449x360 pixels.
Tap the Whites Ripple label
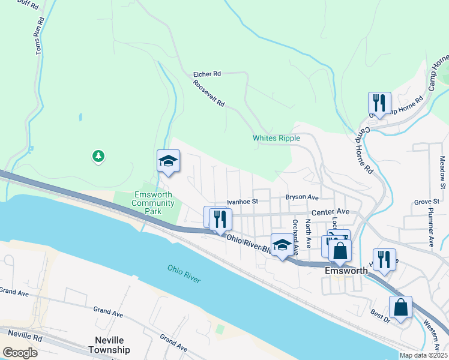point(276,138)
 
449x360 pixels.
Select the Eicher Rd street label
point(207,74)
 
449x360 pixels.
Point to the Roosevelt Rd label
point(209,94)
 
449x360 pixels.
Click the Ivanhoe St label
point(242,202)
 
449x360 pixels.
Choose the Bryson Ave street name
point(302,197)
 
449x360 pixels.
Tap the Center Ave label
point(330,212)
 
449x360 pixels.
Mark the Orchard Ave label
point(295,233)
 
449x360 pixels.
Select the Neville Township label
point(109,345)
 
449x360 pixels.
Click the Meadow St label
point(442,172)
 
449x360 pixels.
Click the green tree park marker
point(98,157)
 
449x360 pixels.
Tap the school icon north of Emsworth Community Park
point(168,161)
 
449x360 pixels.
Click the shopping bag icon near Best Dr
point(400,308)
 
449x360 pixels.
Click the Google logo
point(20,352)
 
